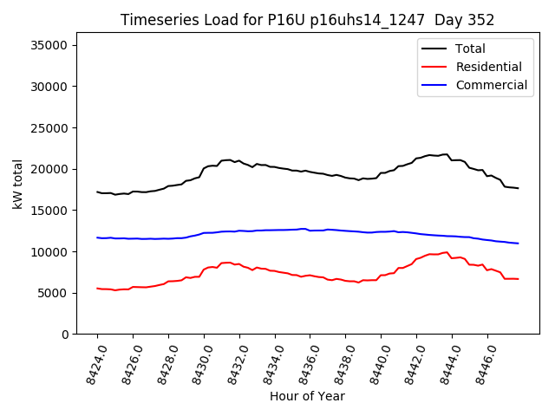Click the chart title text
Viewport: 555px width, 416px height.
pos(307,20)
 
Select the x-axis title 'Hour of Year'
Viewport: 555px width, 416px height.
pos(307,396)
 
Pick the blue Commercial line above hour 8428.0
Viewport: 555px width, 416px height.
pos(168,238)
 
